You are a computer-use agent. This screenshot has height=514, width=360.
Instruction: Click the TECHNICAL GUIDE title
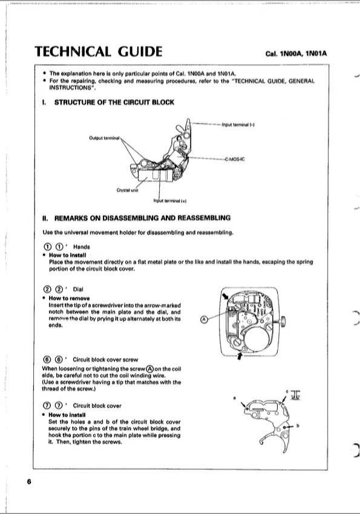(x=99, y=51)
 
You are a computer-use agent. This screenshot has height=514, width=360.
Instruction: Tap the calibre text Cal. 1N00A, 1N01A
(x=296, y=54)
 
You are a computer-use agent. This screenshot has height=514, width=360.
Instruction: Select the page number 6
(x=29, y=481)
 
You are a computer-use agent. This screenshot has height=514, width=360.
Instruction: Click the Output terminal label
(x=104, y=138)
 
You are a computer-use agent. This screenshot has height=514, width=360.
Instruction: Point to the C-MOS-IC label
(x=235, y=159)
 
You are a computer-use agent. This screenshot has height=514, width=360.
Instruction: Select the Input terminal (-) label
(x=238, y=125)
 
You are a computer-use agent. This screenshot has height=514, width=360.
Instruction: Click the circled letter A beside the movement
(x=204, y=319)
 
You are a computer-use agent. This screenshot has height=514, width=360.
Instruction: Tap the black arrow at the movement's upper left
(x=226, y=296)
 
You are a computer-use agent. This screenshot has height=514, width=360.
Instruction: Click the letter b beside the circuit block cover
(x=298, y=426)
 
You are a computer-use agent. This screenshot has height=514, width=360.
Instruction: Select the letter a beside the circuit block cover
(x=234, y=398)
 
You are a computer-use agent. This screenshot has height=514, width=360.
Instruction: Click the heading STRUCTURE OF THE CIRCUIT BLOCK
(x=114, y=102)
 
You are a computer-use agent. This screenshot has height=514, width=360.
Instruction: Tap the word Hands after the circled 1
(x=81, y=247)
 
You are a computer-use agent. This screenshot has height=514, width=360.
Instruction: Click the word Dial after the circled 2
(x=78, y=289)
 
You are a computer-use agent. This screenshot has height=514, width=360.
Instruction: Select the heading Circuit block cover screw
(x=105, y=360)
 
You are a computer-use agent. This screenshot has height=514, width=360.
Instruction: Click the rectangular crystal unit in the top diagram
(x=155, y=175)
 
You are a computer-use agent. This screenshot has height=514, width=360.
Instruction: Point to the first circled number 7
(x=47, y=406)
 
